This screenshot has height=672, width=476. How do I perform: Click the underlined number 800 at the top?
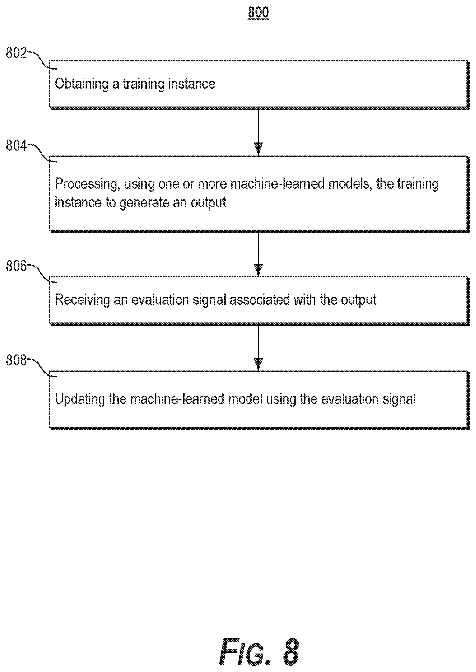[258, 13]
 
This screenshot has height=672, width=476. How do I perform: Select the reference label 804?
[16, 146]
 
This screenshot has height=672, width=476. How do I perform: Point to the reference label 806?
[16, 266]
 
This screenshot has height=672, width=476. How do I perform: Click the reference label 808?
[16, 361]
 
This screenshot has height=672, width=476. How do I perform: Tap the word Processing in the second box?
[87, 184]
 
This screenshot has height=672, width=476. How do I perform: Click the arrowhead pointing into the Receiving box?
[258, 269]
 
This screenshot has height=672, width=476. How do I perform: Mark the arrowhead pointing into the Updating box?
[258, 364]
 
